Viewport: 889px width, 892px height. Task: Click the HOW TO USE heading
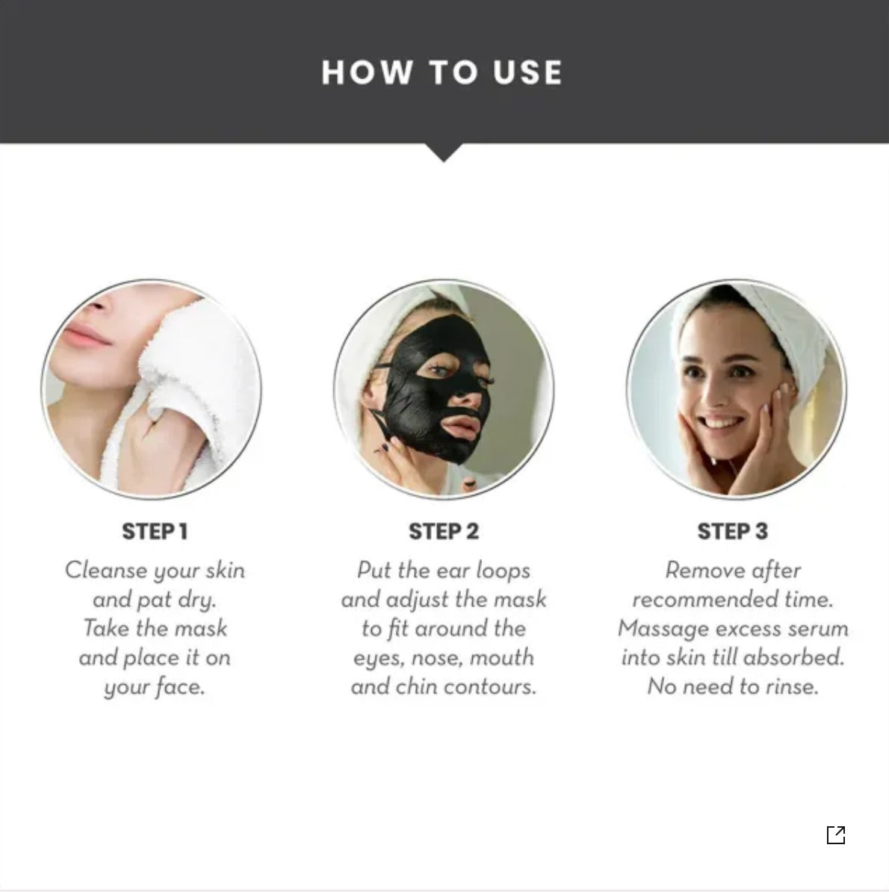point(442,72)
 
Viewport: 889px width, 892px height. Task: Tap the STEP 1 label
point(155,531)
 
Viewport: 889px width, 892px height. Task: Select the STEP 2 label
point(444,531)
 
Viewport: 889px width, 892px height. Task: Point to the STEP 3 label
point(732,531)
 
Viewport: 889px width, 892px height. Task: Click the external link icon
point(836,834)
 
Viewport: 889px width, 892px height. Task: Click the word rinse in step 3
point(791,686)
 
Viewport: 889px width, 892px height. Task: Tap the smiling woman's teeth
point(719,424)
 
